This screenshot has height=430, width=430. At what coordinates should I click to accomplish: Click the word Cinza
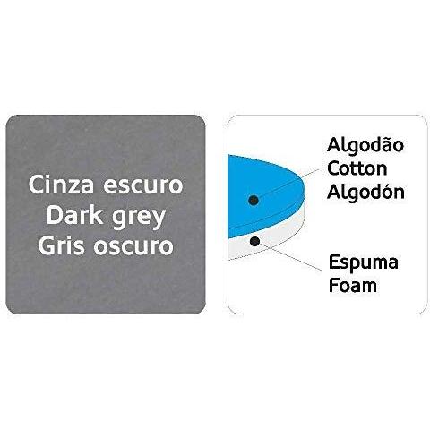[61, 185]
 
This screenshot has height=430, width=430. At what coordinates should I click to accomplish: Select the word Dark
[77, 216]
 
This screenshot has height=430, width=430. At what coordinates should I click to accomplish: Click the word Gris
[61, 246]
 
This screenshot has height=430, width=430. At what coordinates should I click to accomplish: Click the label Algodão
[365, 145]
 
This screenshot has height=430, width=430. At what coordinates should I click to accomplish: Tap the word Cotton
[357, 168]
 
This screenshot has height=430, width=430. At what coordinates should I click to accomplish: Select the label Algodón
[366, 192]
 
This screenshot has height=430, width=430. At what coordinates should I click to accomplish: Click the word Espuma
[364, 263]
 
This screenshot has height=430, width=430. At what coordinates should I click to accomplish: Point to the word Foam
[353, 285]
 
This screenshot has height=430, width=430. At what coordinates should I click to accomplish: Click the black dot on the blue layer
[254, 200]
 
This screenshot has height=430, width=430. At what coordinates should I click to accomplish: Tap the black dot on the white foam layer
[254, 241]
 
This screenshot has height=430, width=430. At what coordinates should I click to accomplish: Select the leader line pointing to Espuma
[288, 256]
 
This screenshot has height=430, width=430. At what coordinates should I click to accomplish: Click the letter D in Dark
[53, 216]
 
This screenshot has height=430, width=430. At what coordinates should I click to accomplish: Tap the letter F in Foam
[333, 285]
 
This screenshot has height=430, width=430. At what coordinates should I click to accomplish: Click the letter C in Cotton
[333, 168]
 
